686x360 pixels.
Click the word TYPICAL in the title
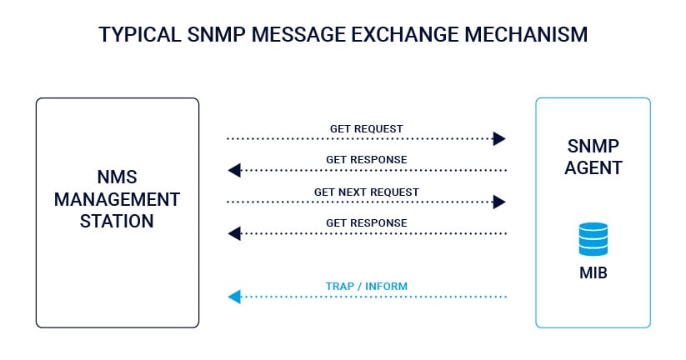pyautogui.click(x=137, y=35)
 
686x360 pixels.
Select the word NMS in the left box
pyautogui.click(x=117, y=177)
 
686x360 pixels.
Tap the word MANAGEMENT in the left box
pyautogui.click(x=117, y=199)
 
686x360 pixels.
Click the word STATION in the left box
pyautogui.click(x=117, y=221)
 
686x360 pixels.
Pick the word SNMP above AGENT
pyautogui.click(x=593, y=144)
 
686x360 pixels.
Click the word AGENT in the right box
pyautogui.click(x=593, y=167)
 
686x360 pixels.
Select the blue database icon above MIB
pyautogui.click(x=593, y=238)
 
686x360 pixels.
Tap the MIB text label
pyautogui.click(x=593, y=272)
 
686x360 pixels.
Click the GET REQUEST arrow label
pyautogui.click(x=366, y=128)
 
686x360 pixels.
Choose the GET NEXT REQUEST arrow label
pyautogui.click(x=366, y=192)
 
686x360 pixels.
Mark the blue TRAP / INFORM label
pyautogui.click(x=366, y=287)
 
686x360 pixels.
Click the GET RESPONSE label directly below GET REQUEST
pyautogui.click(x=366, y=159)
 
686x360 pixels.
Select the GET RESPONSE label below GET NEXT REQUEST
pyautogui.click(x=366, y=222)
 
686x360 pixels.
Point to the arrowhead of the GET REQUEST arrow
pyautogui.click(x=499, y=138)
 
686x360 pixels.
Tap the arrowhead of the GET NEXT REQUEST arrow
pyautogui.click(x=499, y=202)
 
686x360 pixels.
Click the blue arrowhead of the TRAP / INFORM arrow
pyautogui.click(x=234, y=297)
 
